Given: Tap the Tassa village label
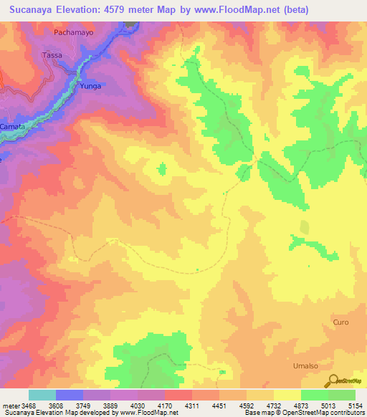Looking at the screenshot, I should click(x=52, y=55).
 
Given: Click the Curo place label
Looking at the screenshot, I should click(x=340, y=322).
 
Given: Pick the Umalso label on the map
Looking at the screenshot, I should click(x=305, y=365).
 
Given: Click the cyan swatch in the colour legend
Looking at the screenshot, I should click(x=42, y=395).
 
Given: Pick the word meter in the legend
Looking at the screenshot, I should click(x=11, y=405).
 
